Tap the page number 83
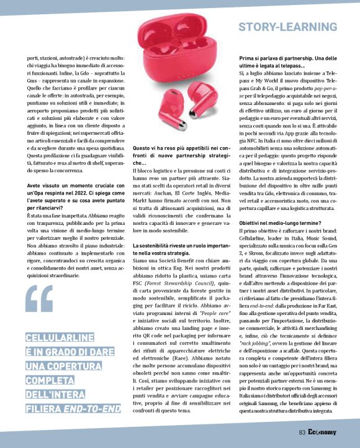click(x=302, y=432)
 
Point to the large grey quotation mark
click(x=39, y=298)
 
